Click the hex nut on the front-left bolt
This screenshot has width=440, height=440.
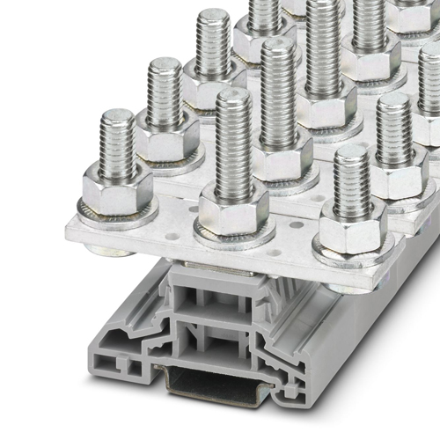118,191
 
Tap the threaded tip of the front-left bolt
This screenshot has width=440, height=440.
118,119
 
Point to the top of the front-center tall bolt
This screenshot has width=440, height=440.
233,97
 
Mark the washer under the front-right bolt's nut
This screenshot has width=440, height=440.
351,256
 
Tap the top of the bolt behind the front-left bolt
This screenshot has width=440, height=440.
165,65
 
